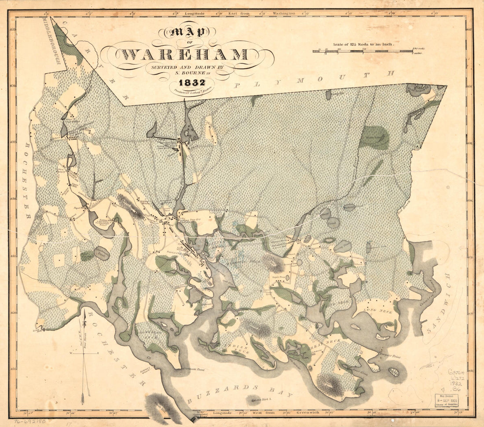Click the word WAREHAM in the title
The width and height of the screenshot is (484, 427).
(184, 55)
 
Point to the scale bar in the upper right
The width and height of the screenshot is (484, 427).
(363, 52)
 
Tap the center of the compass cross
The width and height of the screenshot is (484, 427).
(83, 352)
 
